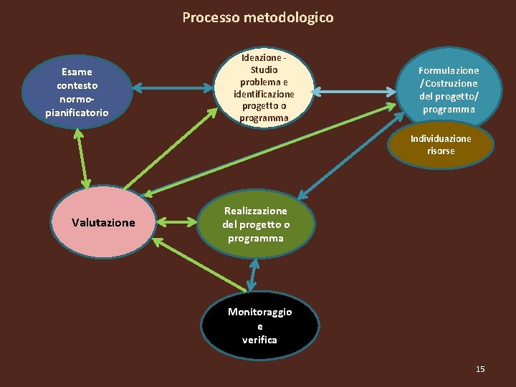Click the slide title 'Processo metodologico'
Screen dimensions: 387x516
258,17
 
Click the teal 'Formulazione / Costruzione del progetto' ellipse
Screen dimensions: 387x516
449,90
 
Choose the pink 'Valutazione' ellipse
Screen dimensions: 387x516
103,223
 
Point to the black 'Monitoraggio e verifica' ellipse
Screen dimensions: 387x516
259,326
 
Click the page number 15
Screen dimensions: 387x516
480,369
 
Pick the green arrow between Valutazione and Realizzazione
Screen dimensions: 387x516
176,223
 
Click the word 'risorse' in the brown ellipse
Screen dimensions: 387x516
441,151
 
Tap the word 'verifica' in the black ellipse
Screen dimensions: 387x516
259,340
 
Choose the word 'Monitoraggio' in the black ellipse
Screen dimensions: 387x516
259,312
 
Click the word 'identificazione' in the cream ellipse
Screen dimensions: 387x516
264,94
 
